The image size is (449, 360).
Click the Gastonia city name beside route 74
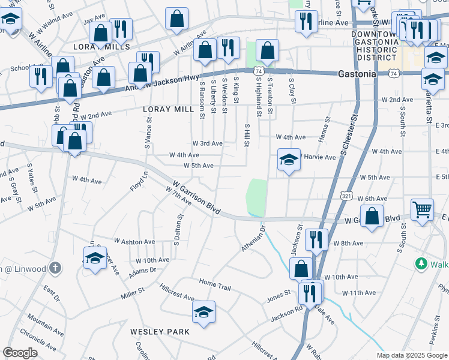click(x=357, y=73)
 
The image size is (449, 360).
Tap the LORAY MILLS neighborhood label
click(x=101, y=46)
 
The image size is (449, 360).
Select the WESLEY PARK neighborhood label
click(x=160, y=331)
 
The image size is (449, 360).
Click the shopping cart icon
click(x=423, y=209)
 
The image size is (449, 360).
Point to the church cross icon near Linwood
click(x=55, y=268)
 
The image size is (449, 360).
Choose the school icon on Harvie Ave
click(x=289, y=160)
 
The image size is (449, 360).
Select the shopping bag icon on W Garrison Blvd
click(x=372, y=216)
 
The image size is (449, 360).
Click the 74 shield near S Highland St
click(x=257, y=70)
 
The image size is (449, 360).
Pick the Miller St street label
click(x=133, y=291)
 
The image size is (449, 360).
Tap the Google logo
click(x=20, y=352)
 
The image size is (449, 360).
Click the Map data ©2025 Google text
click(x=411, y=355)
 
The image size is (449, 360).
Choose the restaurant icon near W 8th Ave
click(x=315, y=239)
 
